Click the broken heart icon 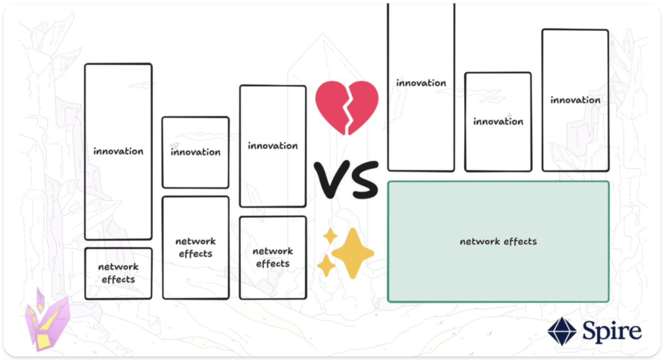pyautogui.click(x=347, y=107)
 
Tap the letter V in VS pyautogui.click(x=330, y=179)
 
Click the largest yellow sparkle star pyautogui.click(x=352, y=253)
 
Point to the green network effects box pyautogui.click(x=499, y=241)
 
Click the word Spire pyautogui.click(x=611, y=331)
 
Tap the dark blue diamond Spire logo pyautogui.click(x=562, y=331)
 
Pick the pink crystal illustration pyautogui.click(x=46, y=320)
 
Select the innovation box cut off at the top pyautogui.click(x=421, y=87)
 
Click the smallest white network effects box pyautogui.click(x=118, y=273)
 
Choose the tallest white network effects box pyautogui.click(x=195, y=248)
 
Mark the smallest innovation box pyautogui.click(x=195, y=152)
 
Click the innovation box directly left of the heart pyautogui.click(x=273, y=146)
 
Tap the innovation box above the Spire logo pyautogui.click(x=575, y=100)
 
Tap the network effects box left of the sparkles pyautogui.click(x=273, y=257)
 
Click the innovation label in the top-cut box pyautogui.click(x=421, y=83)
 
